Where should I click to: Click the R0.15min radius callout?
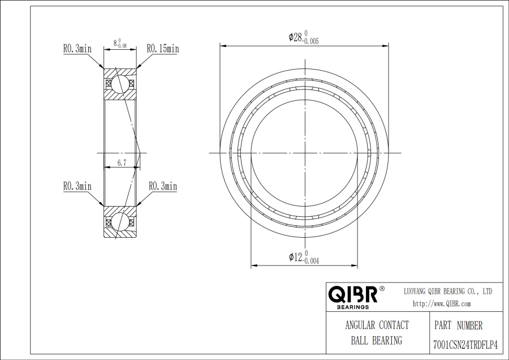(x=163, y=49)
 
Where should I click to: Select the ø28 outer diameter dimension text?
(x=304, y=37)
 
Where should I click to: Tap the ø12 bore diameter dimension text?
(x=304, y=257)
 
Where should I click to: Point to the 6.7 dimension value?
(x=122, y=163)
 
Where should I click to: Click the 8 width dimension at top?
(x=120, y=43)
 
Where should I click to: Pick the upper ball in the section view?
(x=120, y=84)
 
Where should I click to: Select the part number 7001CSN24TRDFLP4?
(x=465, y=344)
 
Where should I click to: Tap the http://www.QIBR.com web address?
(x=442, y=304)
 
